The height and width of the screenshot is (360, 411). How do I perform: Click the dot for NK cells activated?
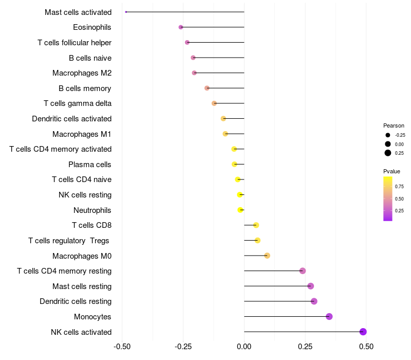tap(363, 332)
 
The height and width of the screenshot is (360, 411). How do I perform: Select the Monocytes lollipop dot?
tap(329, 316)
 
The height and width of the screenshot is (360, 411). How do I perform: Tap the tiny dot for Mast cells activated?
tap(126, 12)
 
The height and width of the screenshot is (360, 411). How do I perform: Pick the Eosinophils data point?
tap(181, 27)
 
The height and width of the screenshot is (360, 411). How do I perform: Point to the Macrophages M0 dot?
tap(267, 256)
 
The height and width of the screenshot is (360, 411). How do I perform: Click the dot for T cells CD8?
tap(256, 225)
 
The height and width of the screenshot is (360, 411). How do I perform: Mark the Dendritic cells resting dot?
tap(314, 301)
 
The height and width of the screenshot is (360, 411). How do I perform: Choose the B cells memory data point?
tap(207, 88)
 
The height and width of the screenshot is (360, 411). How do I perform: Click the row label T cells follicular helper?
tap(74, 43)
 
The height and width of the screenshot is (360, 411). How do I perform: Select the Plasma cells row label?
tap(90, 165)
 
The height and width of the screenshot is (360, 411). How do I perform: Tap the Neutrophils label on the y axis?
tap(92, 210)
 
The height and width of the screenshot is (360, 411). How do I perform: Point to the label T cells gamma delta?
tap(78, 103)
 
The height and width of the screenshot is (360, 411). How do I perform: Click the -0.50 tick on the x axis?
tap(122, 347)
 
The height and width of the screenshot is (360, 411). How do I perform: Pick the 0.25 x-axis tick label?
tap(305, 347)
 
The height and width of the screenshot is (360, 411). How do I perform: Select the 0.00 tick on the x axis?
tap(244, 347)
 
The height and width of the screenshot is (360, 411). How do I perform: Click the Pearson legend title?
tap(394, 125)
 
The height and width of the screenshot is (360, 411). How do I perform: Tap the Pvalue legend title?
tap(391, 171)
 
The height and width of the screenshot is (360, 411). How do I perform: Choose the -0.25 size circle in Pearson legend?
tap(388, 135)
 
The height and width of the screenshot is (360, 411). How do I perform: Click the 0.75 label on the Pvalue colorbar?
tap(399, 186)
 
